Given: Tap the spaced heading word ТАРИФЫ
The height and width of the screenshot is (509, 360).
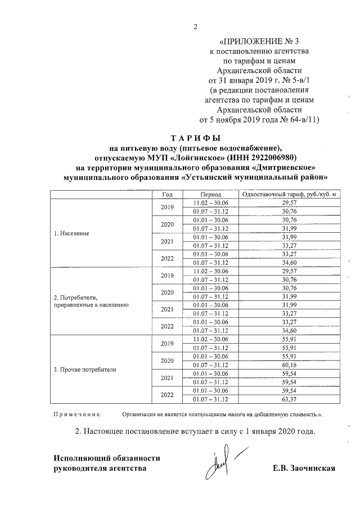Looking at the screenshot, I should pos(196,138).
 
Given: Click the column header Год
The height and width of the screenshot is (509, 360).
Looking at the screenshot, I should pos(167,194).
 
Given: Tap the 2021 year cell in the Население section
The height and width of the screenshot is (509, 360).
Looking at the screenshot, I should pos(167,241).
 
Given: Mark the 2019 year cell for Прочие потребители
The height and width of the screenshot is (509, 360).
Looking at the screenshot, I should pos(167,344).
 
